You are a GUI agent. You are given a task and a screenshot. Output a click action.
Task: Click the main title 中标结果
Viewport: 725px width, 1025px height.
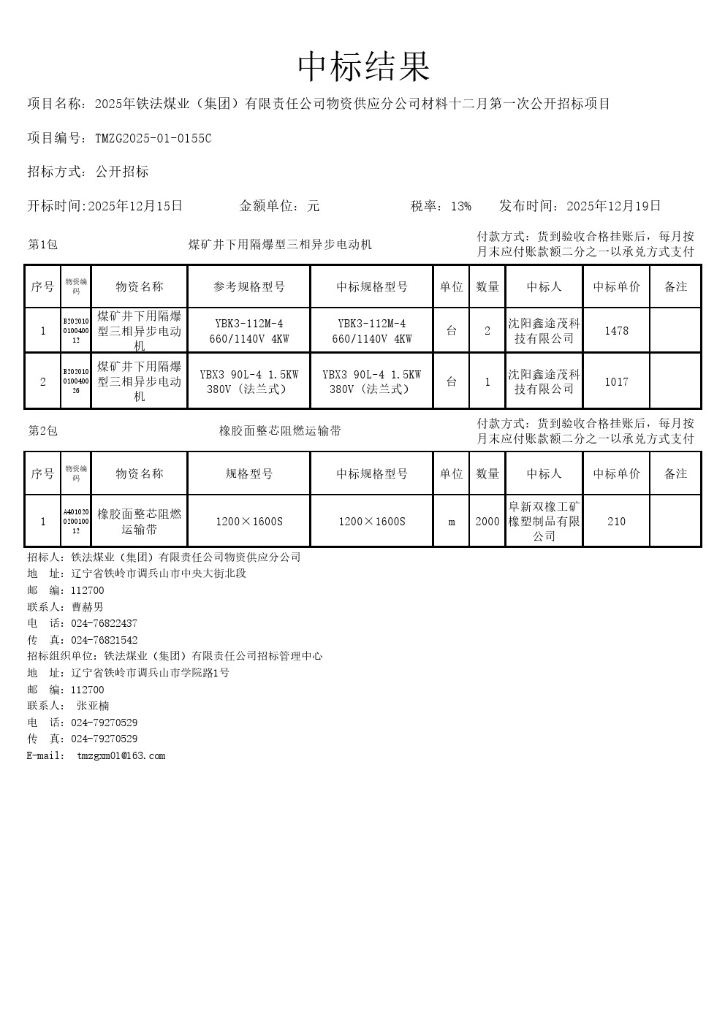(363, 67)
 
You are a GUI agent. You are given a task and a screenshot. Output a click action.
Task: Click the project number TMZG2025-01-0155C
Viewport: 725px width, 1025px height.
(153, 138)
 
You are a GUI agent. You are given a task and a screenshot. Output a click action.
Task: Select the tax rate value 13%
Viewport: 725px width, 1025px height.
(460, 206)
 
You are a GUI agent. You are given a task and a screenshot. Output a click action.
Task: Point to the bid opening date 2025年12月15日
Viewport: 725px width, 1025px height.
(135, 206)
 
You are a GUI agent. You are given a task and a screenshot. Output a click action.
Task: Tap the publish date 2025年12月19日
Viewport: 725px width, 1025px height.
(614, 206)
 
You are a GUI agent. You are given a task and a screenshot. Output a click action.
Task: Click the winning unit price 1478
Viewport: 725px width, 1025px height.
(616, 331)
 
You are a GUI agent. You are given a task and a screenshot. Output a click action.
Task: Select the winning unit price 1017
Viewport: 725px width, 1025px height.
(616, 381)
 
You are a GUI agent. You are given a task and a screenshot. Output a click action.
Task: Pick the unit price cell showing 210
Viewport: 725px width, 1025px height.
(616, 522)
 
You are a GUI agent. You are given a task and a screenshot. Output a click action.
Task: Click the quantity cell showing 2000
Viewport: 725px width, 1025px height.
(487, 522)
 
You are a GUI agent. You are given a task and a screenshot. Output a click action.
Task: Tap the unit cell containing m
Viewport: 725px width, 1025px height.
(452, 522)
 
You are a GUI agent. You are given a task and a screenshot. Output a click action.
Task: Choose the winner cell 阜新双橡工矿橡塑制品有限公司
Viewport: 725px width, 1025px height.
(544, 522)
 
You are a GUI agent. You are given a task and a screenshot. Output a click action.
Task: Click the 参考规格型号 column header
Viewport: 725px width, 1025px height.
(249, 287)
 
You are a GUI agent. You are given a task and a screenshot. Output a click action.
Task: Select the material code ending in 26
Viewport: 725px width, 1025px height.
(76, 381)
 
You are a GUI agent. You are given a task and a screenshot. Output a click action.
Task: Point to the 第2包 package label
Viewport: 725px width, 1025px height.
(42, 431)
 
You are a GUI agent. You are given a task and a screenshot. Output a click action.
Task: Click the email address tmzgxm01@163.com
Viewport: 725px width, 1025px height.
(121, 756)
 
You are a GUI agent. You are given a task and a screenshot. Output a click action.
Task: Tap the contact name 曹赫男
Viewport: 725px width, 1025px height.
(87, 607)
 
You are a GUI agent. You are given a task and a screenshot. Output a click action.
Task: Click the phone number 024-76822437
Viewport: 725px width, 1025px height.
(104, 624)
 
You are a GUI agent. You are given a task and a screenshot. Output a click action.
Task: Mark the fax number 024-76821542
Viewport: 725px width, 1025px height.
(104, 641)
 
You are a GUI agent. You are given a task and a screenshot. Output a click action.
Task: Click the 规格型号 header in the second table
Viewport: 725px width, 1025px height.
(249, 474)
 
